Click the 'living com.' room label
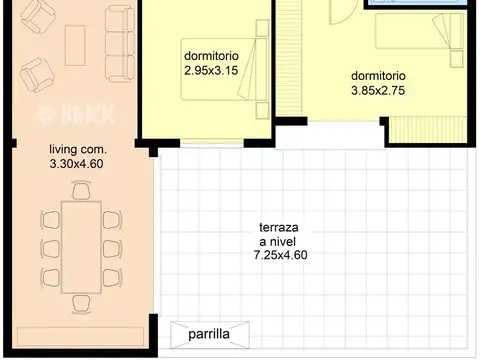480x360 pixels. tap(77, 150)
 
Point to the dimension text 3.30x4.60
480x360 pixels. tap(77, 164)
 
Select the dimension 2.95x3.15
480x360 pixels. tap(210, 71)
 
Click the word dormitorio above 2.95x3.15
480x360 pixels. tap(210, 56)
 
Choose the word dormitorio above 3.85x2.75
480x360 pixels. tap(378, 76)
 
